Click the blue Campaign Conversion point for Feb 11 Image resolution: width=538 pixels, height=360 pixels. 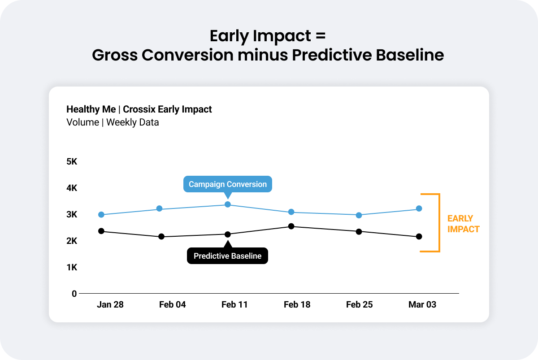coord(228,204)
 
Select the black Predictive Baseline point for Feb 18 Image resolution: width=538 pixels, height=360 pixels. coord(291,226)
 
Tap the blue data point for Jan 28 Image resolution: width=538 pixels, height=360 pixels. coord(101,215)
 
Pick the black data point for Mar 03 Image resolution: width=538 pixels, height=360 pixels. coord(419,236)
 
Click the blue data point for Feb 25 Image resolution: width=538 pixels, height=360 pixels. coord(359,215)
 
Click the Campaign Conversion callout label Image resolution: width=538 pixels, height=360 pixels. coord(228,184)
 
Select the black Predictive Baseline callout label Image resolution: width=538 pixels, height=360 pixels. coord(227,256)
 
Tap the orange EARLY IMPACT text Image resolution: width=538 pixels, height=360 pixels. coord(463,224)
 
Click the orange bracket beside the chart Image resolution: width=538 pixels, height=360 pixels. coord(438,223)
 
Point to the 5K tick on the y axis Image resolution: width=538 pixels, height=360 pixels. coord(72,162)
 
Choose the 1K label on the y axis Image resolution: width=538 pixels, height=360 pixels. coord(72,267)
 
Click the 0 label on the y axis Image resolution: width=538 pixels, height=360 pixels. coord(74,294)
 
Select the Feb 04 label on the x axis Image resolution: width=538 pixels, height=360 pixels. coord(172,305)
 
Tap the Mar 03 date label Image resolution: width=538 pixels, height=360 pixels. coord(422,305)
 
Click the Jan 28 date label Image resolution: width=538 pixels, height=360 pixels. coord(110,305)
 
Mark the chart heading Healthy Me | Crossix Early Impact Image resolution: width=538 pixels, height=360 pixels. coord(139,109)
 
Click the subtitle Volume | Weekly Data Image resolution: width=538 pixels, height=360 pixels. coord(113,122)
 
